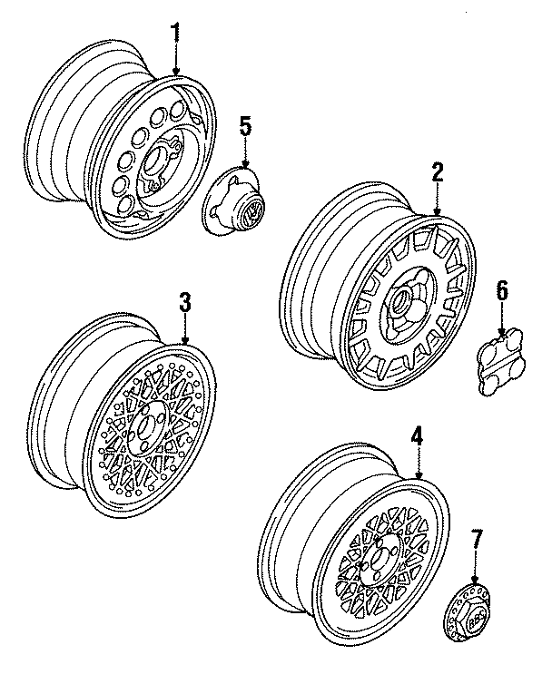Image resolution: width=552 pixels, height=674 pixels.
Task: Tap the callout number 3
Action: click(185, 302)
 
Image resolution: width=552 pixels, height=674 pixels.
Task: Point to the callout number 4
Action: click(417, 437)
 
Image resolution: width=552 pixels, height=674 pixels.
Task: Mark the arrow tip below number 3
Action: click(185, 343)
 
